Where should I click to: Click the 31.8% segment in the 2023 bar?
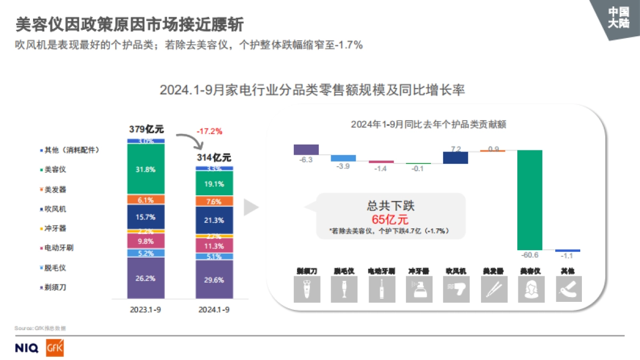tap(146, 169)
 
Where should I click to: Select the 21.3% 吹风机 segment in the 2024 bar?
tap(214, 220)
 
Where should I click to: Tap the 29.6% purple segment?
tap(214, 279)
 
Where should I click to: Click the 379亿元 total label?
tap(146, 129)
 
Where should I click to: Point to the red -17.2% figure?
tap(209, 131)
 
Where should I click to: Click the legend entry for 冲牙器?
tap(55, 228)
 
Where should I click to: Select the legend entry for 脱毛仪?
tap(55, 268)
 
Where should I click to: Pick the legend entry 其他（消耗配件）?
tap(72, 150)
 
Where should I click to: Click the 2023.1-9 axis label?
tap(146, 309)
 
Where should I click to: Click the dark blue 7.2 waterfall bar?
tap(455, 157)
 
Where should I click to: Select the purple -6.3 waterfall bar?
tap(306, 149)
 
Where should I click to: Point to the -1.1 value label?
tap(567, 256)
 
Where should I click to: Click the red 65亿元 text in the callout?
tap(390, 219)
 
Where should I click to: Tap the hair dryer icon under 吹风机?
tap(455, 289)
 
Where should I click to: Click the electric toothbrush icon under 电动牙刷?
tap(381, 289)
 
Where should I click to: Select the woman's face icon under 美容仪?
tap(530, 289)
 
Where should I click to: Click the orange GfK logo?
tap(55, 348)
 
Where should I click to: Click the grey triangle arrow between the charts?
tap(251, 207)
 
